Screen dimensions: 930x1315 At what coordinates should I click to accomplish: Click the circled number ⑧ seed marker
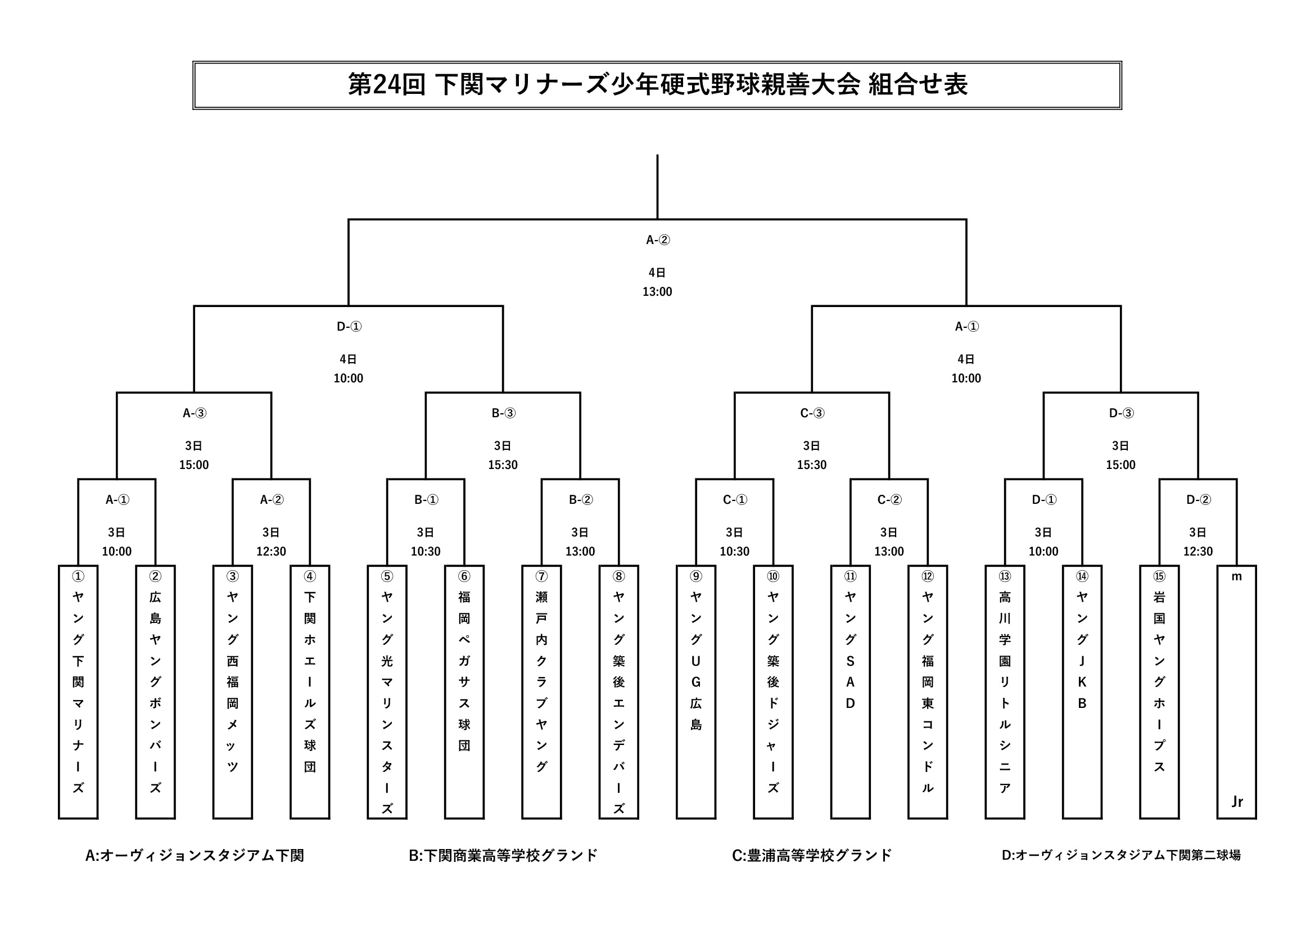(x=618, y=576)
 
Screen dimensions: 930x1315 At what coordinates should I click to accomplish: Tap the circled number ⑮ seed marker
(x=1159, y=576)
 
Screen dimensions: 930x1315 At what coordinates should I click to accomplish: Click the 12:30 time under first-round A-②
(x=271, y=551)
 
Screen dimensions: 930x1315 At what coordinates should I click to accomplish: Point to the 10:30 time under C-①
(x=734, y=551)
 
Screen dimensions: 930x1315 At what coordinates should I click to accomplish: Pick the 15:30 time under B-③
(x=502, y=464)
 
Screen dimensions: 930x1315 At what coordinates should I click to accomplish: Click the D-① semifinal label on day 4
(x=348, y=327)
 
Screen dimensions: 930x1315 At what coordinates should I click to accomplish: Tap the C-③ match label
(x=812, y=413)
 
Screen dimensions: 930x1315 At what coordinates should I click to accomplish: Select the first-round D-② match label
(x=1198, y=499)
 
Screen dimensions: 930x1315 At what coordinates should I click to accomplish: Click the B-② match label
(x=580, y=499)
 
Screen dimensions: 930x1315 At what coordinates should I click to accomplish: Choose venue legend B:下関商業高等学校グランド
(x=503, y=855)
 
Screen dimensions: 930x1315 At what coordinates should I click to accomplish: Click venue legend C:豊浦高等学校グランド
(x=812, y=855)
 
